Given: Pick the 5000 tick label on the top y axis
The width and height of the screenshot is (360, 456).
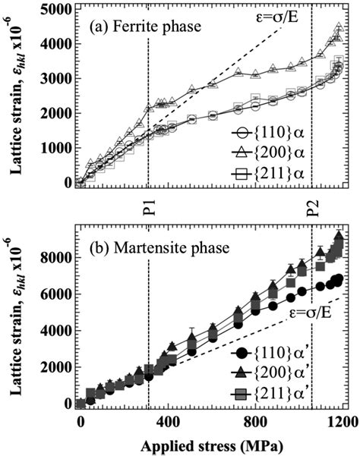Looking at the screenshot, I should coord(56,10).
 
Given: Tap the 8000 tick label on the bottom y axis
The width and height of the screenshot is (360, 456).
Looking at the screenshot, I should coord(56,257).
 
